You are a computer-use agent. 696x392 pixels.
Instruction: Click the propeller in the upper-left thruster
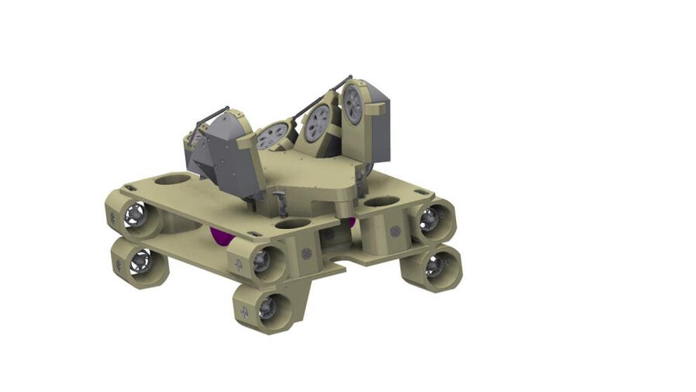(133, 215)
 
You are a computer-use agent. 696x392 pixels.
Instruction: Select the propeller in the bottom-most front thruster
(267, 308)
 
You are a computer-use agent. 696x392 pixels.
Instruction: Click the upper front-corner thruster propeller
(262, 260)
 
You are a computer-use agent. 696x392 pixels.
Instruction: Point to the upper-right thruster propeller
(429, 220)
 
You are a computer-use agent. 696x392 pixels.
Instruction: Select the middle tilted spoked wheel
(317, 124)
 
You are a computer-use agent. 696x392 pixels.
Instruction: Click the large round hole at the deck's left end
(172, 179)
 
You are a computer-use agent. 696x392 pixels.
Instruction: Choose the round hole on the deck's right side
(382, 202)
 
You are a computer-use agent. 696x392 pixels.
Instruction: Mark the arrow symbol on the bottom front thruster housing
(244, 311)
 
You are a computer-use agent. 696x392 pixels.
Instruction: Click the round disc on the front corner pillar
(306, 251)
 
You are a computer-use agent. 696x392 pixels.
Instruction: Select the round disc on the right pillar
(396, 230)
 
